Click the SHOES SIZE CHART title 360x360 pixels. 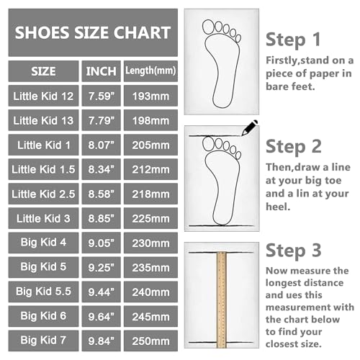[93, 32]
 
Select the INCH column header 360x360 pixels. [101, 71]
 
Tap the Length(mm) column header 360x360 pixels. [150, 71]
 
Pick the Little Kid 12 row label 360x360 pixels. [44, 96]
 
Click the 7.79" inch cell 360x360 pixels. [101, 120]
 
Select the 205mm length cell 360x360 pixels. [150, 144]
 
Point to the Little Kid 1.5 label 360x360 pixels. [44, 169]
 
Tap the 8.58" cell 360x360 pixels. [101, 194]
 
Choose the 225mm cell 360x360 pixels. [150, 218]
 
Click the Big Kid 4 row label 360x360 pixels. [44, 243]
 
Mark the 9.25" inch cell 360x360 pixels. [101, 267]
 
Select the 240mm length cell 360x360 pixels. [150, 292]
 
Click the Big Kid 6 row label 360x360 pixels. [44, 315]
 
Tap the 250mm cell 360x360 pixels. [150, 340]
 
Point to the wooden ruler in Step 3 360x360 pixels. [220, 295]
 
